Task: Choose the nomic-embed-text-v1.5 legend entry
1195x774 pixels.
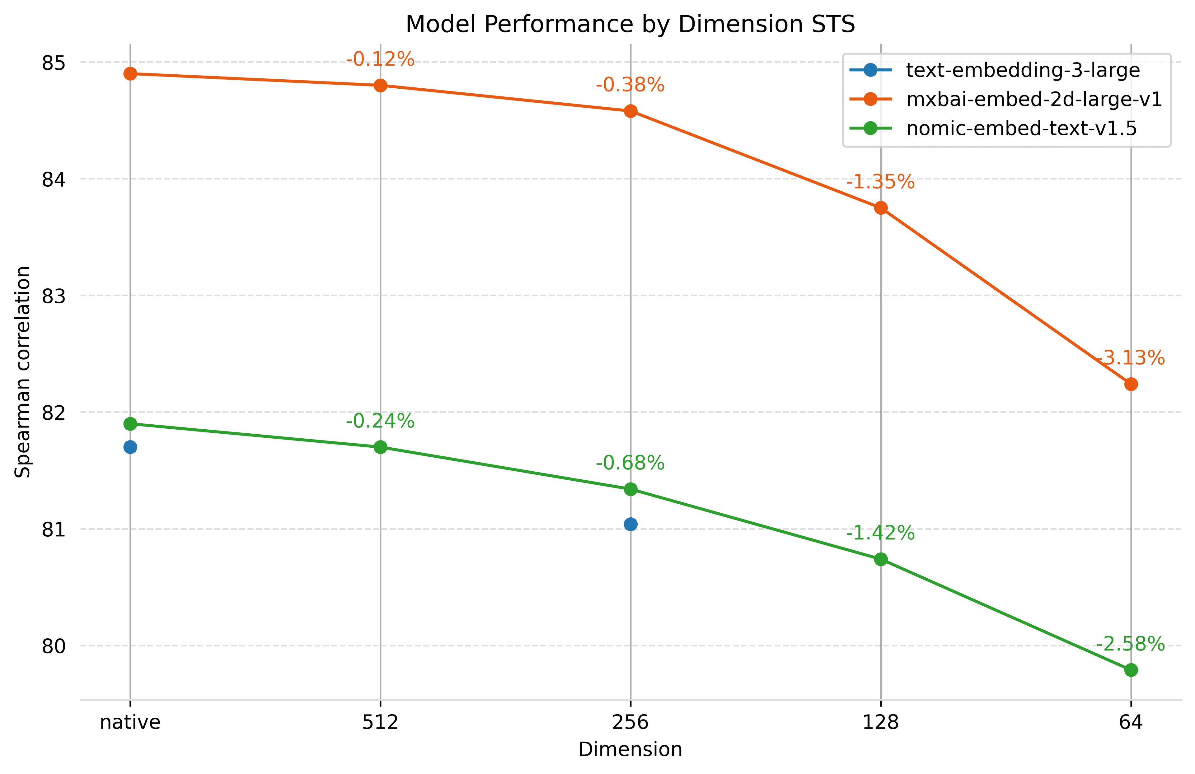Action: point(1021,128)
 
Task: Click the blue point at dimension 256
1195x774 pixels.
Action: point(630,524)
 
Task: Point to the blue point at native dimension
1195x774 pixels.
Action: point(130,447)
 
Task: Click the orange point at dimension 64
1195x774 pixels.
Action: point(1131,384)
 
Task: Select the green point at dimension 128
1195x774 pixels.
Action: point(881,559)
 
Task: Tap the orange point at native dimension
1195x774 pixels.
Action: point(130,74)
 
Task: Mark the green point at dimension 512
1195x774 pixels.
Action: point(381,447)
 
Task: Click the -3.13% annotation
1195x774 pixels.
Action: point(1130,358)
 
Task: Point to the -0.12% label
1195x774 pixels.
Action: point(380,59)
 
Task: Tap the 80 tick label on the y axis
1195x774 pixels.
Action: point(54,646)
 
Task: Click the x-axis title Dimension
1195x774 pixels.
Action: point(630,749)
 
